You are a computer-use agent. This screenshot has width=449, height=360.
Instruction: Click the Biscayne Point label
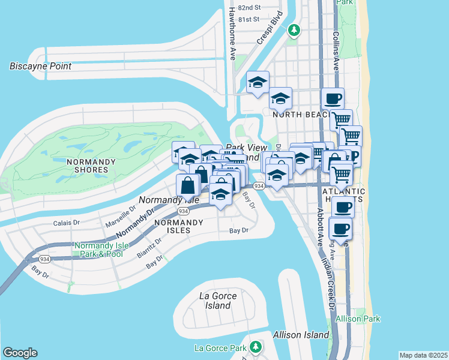(x=40, y=66)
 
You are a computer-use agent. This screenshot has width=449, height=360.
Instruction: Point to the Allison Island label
(x=301, y=335)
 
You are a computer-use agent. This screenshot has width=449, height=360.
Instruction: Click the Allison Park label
(x=359, y=318)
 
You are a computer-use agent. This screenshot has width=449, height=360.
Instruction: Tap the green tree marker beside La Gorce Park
(x=256, y=347)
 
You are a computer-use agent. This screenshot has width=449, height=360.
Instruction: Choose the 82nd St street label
(x=249, y=8)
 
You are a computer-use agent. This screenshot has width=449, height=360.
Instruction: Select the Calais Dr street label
(x=66, y=223)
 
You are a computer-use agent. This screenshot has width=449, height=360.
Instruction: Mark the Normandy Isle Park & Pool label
(x=98, y=250)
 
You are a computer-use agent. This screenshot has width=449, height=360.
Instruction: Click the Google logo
(x=20, y=353)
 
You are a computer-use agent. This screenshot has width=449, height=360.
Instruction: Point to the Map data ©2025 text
(x=423, y=355)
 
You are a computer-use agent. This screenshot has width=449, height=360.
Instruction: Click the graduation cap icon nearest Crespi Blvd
(x=258, y=82)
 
